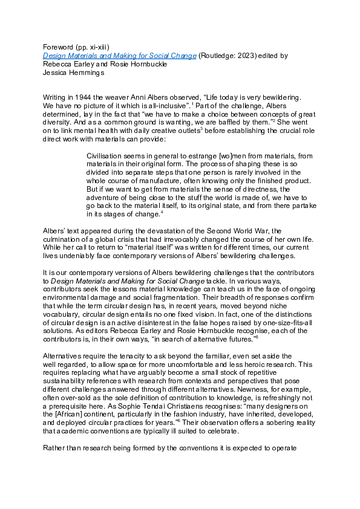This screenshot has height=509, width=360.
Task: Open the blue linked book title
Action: pos(119,55)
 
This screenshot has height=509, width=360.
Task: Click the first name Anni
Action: pos(145,97)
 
